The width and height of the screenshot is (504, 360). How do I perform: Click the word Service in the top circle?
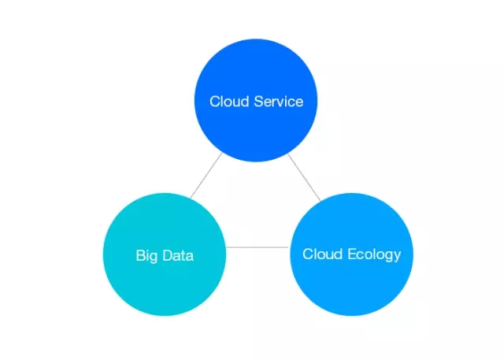click(280, 102)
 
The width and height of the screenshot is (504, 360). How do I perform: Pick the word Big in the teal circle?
click(145, 256)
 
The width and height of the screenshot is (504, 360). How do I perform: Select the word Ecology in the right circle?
click(374, 254)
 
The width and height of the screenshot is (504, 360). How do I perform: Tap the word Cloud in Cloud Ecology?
click(321, 254)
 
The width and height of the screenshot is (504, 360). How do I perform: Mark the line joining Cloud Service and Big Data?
click(206, 176)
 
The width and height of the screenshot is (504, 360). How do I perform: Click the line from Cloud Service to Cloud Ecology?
click(304, 176)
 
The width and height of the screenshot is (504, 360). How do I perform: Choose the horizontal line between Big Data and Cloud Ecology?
click(258, 247)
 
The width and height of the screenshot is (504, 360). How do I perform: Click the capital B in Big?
click(139, 255)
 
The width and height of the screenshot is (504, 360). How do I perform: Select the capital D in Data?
click(164, 255)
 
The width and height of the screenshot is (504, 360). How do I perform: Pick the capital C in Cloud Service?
click(214, 102)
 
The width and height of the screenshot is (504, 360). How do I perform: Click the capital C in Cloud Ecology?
click(307, 254)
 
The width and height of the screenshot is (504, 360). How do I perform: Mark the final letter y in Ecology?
click(397, 256)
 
